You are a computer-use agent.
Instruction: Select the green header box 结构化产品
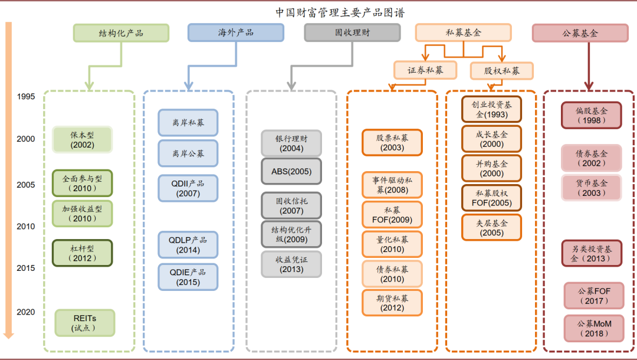tap(121, 33)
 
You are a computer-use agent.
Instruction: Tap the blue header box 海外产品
tap(235, 32)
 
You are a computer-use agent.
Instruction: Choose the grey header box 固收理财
tap(352, 32)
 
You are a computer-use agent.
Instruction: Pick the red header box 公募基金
tap(580, 33)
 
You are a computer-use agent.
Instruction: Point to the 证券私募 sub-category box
tap(425, 70)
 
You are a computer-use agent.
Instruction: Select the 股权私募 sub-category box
tap(502, 71)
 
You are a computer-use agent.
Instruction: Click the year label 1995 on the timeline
tap(26, 96)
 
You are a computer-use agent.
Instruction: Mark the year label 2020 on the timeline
tap(26, 312)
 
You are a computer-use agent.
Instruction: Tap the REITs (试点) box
tap(84, 323)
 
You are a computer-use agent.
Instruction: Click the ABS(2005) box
tap(291, 172)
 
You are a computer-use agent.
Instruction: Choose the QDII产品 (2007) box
tap(188, 188)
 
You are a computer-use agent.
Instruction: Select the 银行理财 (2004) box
tap(291, 143)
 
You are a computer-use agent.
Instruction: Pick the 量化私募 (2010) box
tap(392, 244)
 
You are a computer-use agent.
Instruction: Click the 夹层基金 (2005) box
tap(491, 227)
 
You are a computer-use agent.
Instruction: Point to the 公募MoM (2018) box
tap(594, 329)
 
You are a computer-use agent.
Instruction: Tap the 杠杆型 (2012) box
tap(82, 253)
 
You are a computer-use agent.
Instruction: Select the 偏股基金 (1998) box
tap(591, 115)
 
